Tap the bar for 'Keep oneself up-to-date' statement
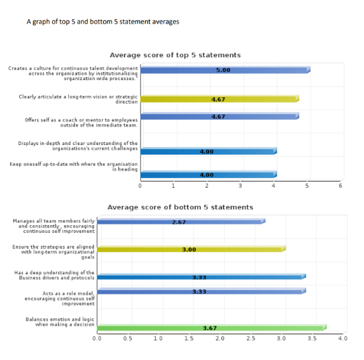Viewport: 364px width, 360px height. pos(207,174)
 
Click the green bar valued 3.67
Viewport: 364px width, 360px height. pos(211,328)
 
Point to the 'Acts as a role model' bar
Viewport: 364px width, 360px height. pos(200,292)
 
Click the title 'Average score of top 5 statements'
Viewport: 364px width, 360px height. pos(175,55)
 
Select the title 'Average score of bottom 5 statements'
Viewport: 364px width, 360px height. pos(180,207)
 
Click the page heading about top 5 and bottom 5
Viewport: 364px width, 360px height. pos(102,22)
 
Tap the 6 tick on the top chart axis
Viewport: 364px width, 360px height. pos(340,185)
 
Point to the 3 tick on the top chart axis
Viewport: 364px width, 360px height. pos(241,185)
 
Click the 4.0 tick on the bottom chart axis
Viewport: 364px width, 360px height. pos(342,338)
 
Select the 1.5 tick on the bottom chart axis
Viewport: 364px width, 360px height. pos(189,338)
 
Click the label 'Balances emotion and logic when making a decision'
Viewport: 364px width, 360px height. pos(60,322)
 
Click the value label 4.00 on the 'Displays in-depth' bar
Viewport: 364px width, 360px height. pos(207,152)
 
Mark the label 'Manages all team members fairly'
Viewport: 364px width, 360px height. pos(54,226)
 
